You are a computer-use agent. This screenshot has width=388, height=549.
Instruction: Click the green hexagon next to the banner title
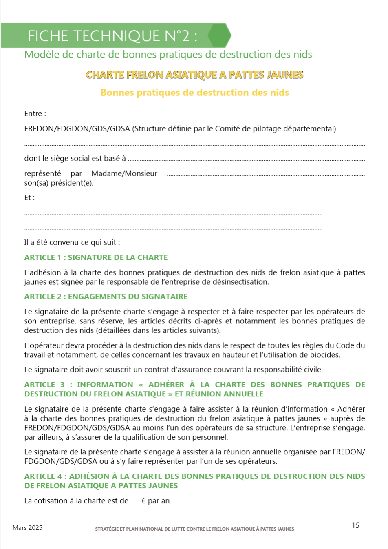coord(220,35)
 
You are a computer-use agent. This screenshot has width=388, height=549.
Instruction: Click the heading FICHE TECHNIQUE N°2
coord(112,36)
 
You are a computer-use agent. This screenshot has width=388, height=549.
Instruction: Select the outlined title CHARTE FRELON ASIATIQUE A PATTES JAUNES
coord(194,75)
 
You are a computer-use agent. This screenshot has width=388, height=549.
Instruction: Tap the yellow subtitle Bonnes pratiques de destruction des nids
coord(194,93)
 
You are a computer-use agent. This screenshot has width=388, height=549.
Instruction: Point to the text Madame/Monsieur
coord(124,173)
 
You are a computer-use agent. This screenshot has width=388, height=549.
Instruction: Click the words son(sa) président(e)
coord(59,183)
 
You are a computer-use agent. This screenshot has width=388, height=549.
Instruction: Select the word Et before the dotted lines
coord(28,197)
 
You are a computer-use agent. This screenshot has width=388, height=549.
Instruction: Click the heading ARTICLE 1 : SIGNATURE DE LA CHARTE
coord(96,257)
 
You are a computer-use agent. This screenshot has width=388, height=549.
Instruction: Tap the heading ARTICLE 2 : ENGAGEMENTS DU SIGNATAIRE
coord(106,297)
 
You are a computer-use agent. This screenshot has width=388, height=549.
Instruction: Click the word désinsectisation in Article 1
coord(242,282)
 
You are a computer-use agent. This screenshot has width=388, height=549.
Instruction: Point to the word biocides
coord(325,355)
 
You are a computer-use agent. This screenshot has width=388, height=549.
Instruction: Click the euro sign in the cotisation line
coord(143,501)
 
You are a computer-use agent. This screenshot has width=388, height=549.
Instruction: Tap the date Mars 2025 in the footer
coord(27,528)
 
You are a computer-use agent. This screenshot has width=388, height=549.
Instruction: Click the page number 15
coord(355,525)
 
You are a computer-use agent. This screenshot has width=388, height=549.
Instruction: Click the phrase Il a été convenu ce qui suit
coord(72,242)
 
